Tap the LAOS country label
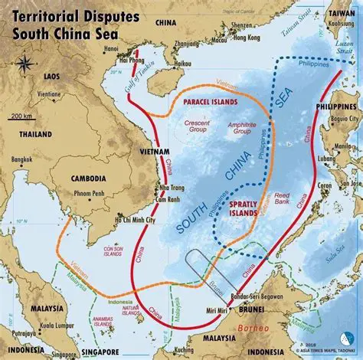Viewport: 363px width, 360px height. [52, 77]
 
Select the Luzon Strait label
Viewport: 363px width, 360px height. [338, 56]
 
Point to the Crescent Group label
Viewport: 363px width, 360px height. [198, 127]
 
